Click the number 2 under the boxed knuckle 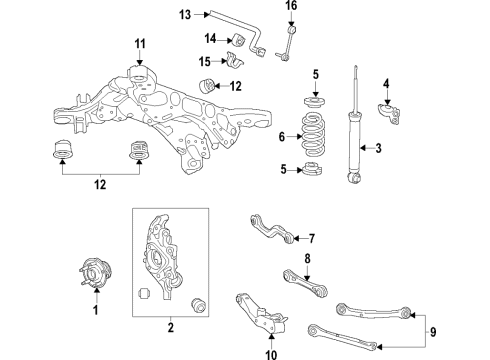171,327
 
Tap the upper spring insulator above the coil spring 315,103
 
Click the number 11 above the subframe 140,42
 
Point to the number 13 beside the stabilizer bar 185,14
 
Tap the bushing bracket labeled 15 236,64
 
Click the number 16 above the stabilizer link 292,6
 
